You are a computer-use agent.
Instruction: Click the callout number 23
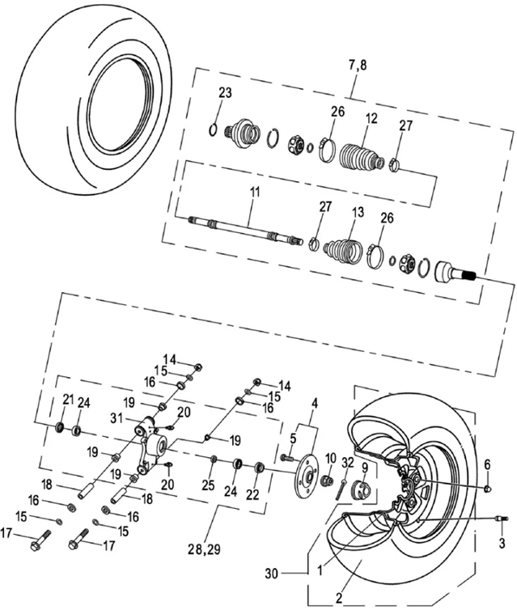[224, 93]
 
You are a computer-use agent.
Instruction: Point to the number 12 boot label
[371, 118]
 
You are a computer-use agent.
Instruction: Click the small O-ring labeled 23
[213, 129]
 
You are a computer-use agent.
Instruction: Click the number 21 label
[69, 399]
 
